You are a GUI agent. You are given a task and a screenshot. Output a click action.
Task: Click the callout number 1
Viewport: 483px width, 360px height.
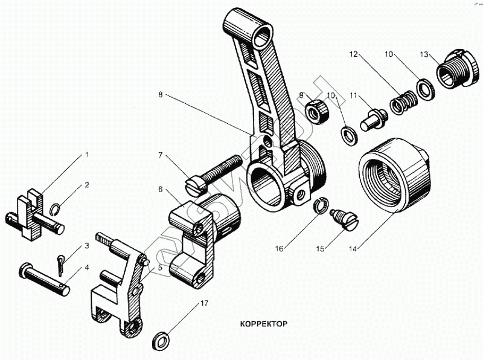click(86, 155)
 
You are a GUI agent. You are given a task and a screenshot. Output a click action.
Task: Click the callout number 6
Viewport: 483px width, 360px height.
click(161, 189)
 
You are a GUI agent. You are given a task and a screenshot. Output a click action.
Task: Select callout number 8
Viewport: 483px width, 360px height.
click(160, 95)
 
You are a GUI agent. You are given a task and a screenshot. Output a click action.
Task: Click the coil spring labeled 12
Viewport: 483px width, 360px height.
click(401, 101)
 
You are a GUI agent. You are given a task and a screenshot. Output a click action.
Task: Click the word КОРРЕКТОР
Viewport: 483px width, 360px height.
click(258, 323)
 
